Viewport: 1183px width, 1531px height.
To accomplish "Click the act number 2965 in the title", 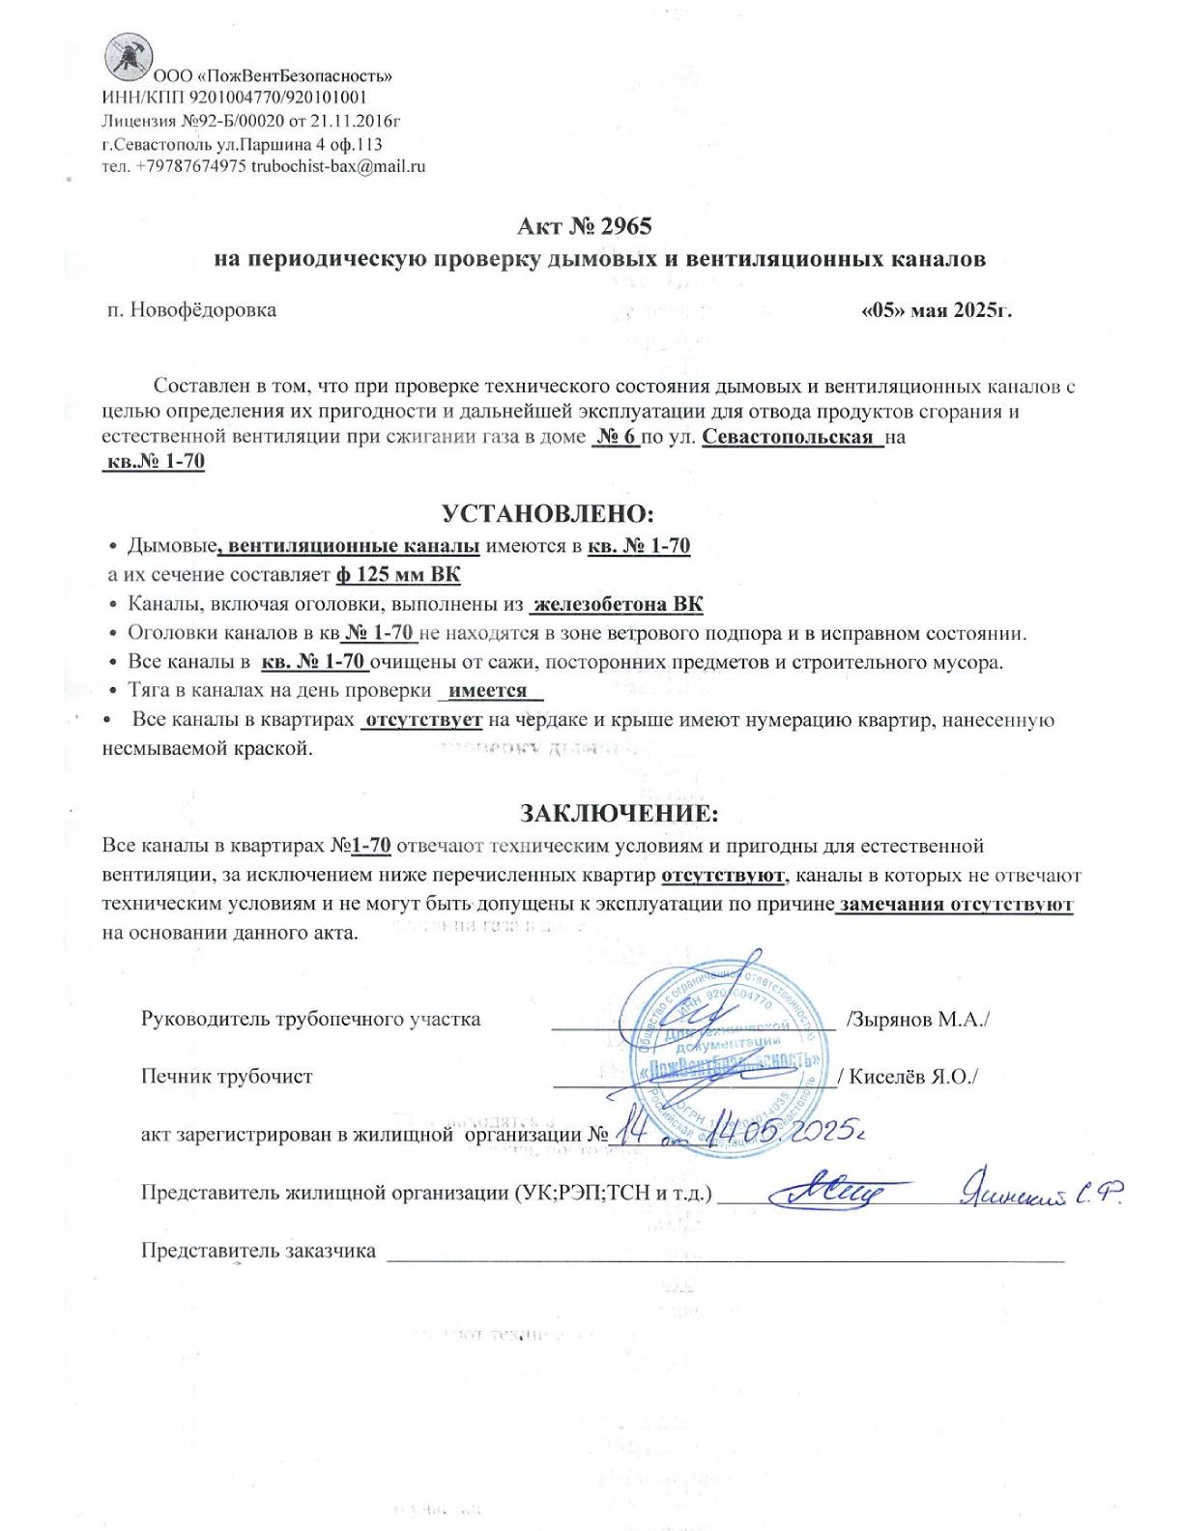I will click(625, 226).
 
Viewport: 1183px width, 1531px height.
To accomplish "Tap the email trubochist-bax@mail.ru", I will click(338, 166).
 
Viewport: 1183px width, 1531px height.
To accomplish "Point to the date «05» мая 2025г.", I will click(936, 310).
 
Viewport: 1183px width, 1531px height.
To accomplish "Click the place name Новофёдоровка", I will click(203, 310).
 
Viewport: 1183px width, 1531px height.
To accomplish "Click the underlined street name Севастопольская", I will click(788, 436).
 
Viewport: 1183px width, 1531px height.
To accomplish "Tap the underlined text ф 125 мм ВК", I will click(398, 575).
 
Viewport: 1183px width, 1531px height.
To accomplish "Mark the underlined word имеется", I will click(488, 691).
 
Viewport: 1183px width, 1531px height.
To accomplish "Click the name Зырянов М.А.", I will click(917, 1020).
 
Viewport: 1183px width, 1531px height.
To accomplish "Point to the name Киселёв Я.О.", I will click(912, 1077).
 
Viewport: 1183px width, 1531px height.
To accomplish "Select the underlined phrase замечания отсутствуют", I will click(955, 905).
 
